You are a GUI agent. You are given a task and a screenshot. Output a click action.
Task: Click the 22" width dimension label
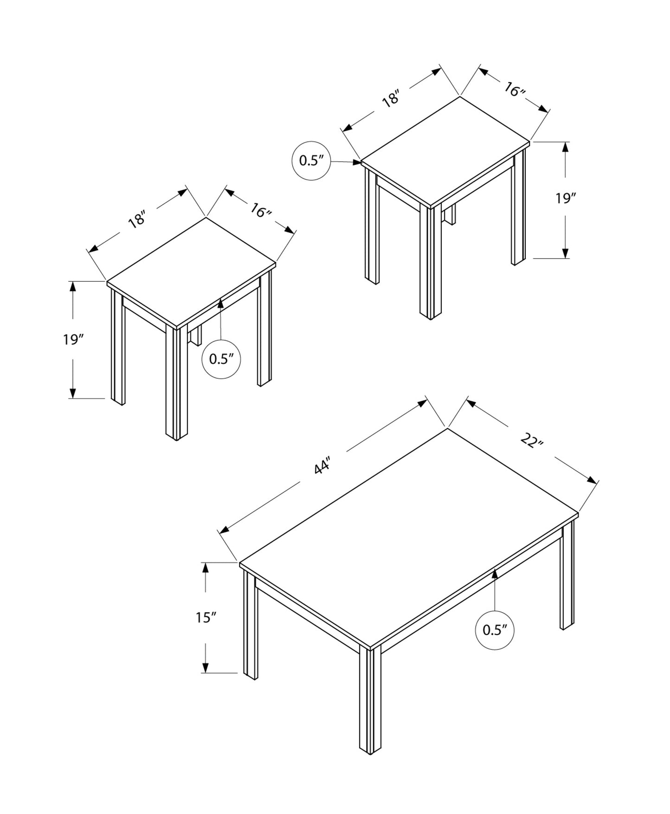click(531, 441)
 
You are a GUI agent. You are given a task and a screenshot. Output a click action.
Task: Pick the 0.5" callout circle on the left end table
click(221, 359)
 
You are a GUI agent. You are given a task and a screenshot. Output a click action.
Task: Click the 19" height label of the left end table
click(73, 340)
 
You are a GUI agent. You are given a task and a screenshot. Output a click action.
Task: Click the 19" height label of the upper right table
click(565, 199)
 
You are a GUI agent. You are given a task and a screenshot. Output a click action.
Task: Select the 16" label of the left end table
click(261, 211)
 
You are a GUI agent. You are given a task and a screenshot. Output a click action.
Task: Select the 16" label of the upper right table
click(514, 90)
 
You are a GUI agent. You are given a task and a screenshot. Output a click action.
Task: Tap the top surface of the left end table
click(191, 272)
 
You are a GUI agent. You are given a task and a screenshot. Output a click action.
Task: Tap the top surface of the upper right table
click(446, 151)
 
